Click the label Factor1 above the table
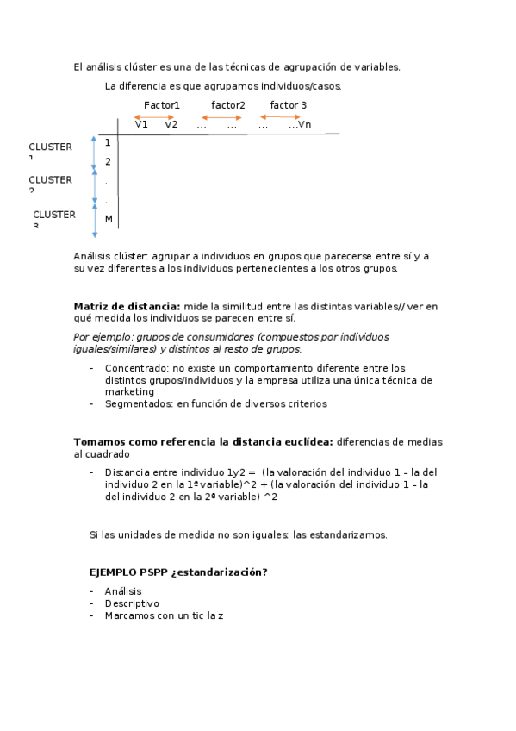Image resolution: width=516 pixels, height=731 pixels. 161,105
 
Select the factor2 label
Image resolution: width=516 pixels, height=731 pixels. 227,105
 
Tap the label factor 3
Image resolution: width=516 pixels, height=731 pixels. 289,105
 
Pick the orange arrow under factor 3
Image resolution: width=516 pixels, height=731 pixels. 283,116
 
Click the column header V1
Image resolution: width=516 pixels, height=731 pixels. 141,124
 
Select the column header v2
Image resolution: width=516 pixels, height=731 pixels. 171,124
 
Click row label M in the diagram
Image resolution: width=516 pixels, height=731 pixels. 109,219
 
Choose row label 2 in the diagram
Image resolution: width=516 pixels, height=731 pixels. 108,162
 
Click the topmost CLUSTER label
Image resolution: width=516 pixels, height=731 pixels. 50,147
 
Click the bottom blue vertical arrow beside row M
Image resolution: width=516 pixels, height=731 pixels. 95,220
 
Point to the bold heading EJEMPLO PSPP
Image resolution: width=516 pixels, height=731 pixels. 129,572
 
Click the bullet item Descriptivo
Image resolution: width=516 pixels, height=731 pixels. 132,603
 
